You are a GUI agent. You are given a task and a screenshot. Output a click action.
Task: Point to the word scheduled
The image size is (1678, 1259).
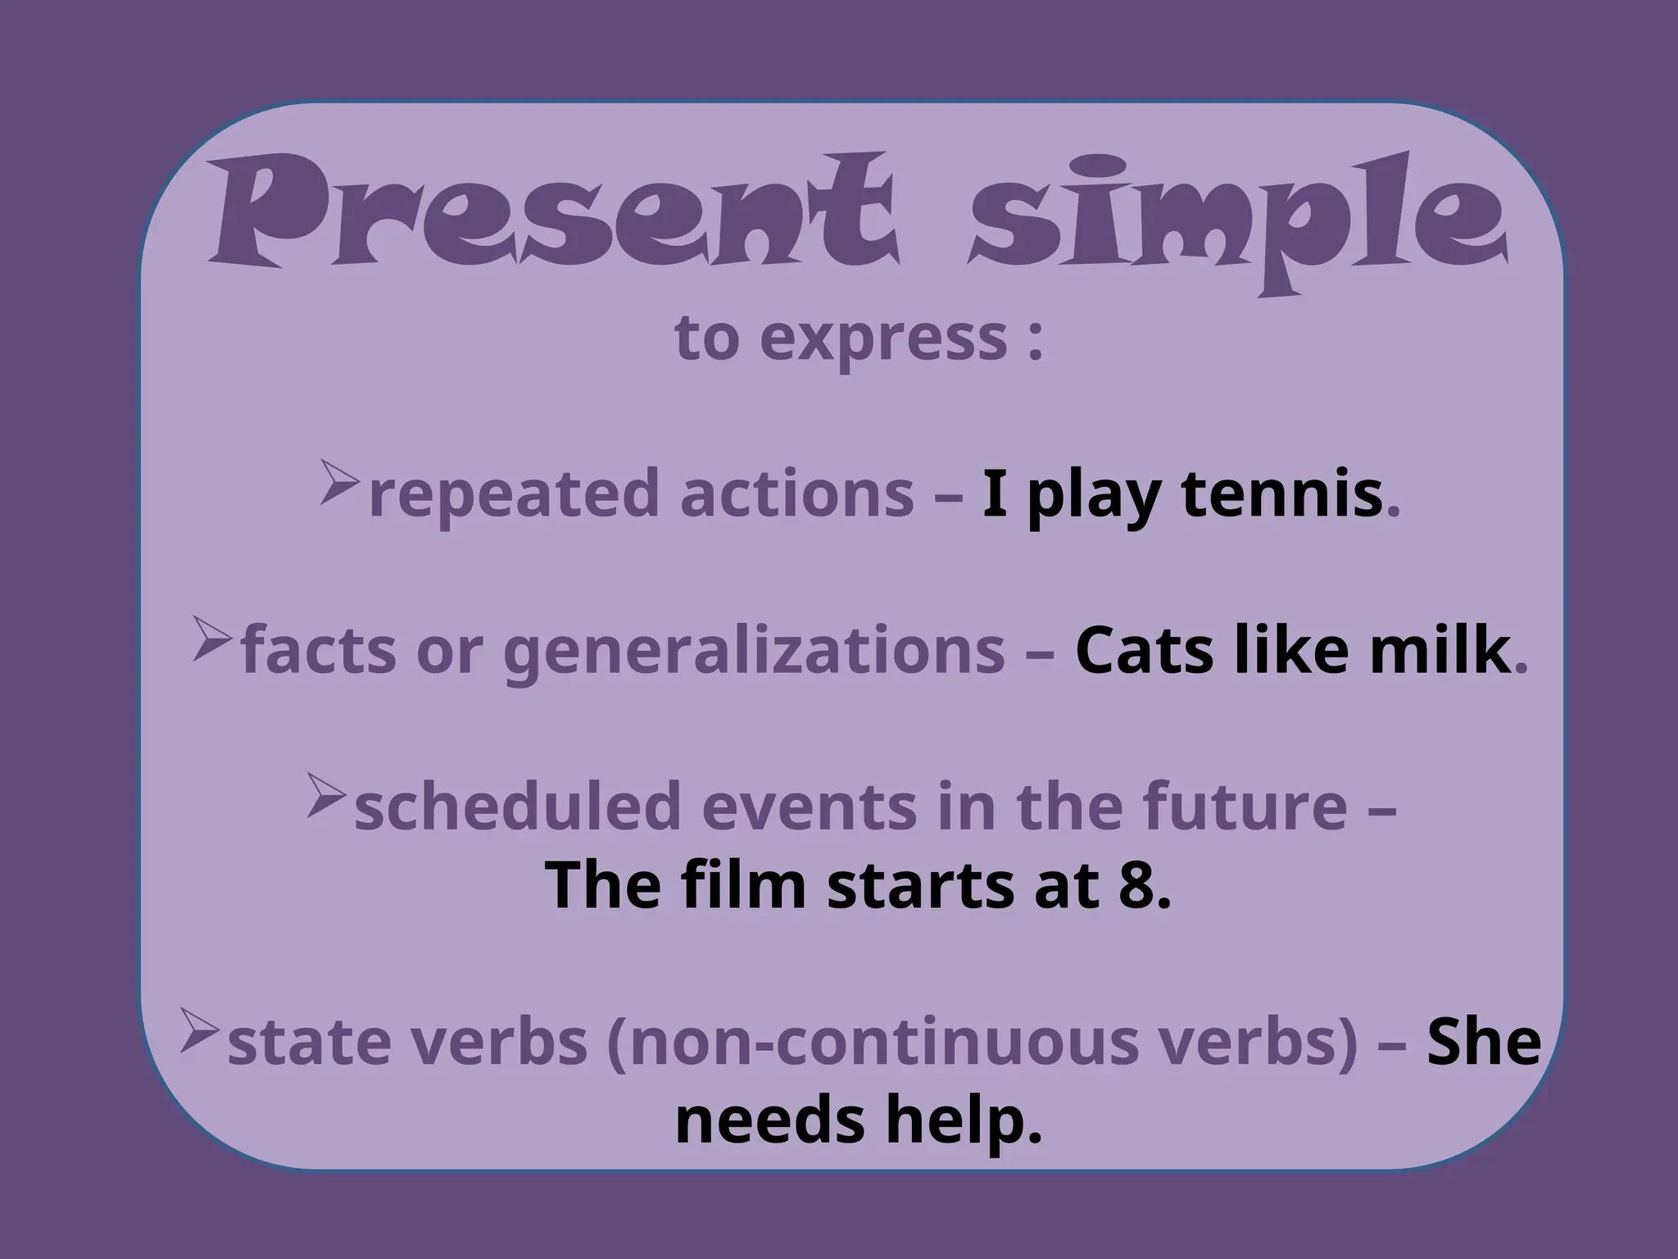click(517, 807)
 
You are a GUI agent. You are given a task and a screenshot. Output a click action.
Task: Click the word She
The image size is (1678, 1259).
click(1484, 1043)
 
